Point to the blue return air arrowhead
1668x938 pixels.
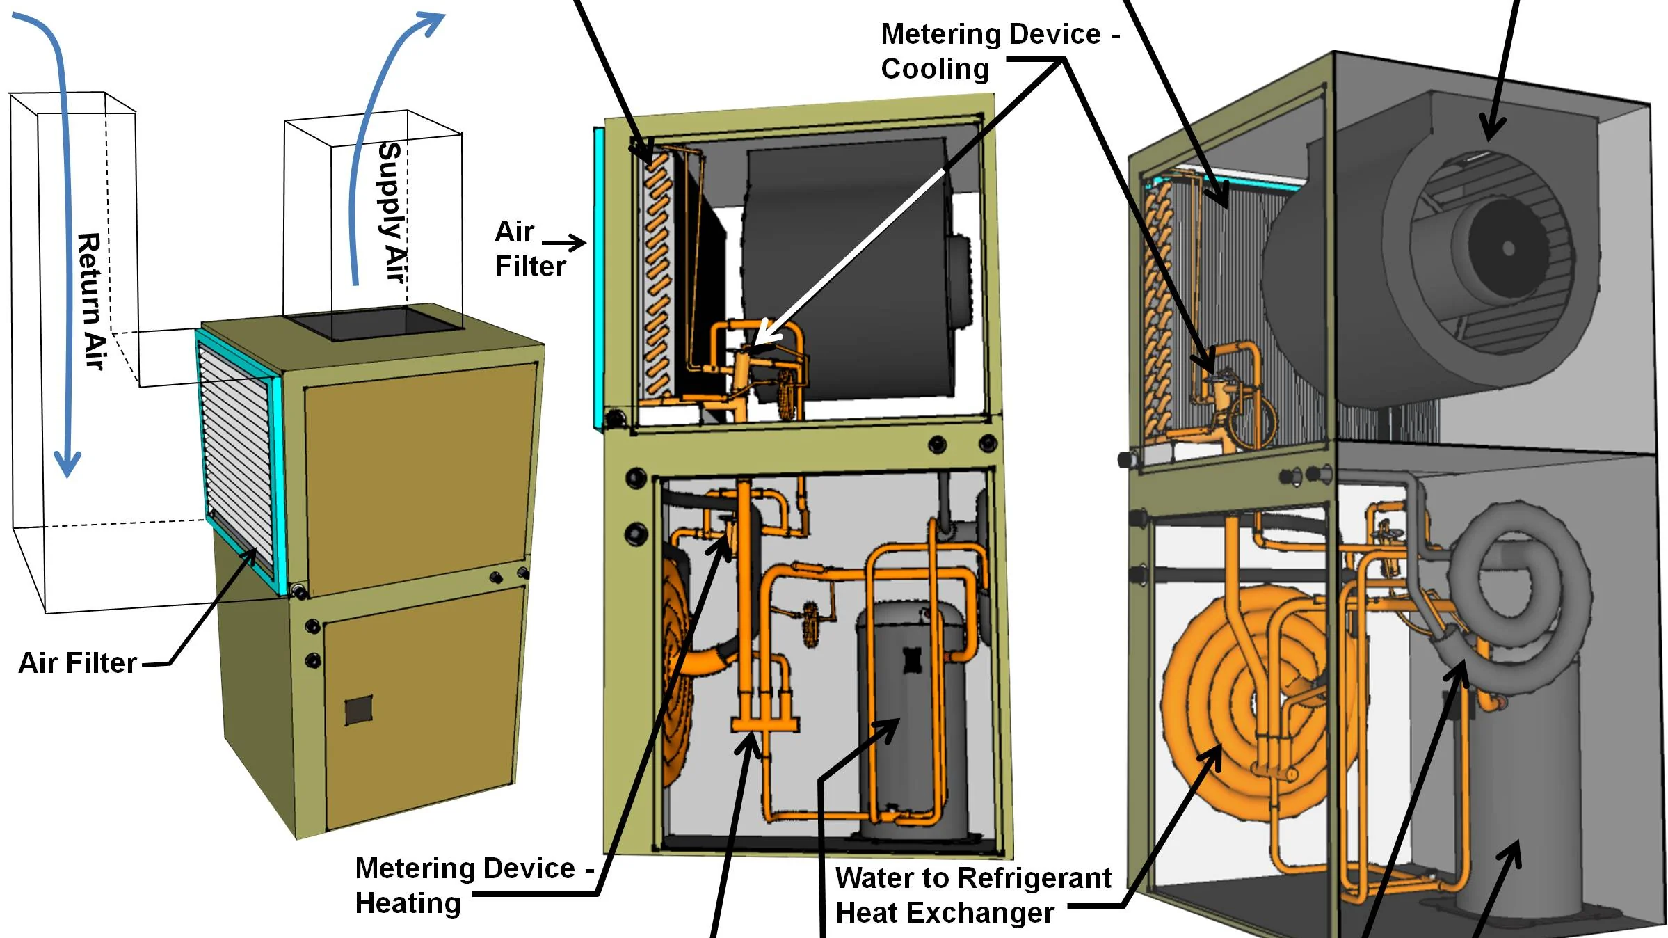[67, 463]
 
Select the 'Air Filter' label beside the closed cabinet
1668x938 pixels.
[77, 663]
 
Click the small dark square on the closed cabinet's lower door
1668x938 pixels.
[359, 710]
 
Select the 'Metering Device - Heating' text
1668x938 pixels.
[466, 885]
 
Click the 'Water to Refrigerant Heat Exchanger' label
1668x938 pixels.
[972, 895]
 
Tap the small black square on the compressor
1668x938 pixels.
[912, 660]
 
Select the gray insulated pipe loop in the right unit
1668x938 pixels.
[1523, 591]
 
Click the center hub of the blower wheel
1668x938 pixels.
[1508, 248]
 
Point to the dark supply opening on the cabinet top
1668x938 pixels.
[376, 323]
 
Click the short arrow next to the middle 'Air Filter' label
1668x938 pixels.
[563, 243]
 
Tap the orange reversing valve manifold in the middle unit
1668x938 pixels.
[764, 724]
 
